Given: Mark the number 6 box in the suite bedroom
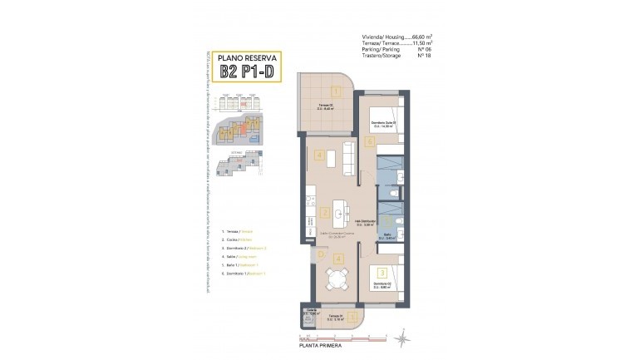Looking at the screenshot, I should (370, 141).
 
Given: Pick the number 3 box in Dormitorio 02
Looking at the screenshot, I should (382, 272).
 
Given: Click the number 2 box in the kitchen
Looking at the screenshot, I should (324, 212).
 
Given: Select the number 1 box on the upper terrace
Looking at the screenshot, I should (336, 91).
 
